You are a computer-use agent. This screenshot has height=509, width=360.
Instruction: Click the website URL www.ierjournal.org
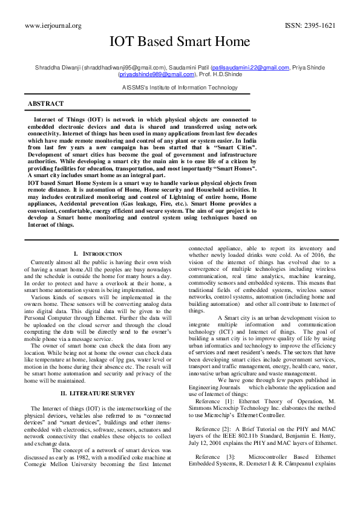point(53,25)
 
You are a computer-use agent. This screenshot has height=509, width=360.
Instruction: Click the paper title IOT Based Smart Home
point(179,42)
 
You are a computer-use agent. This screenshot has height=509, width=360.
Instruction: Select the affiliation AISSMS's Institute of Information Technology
point(180,88)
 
